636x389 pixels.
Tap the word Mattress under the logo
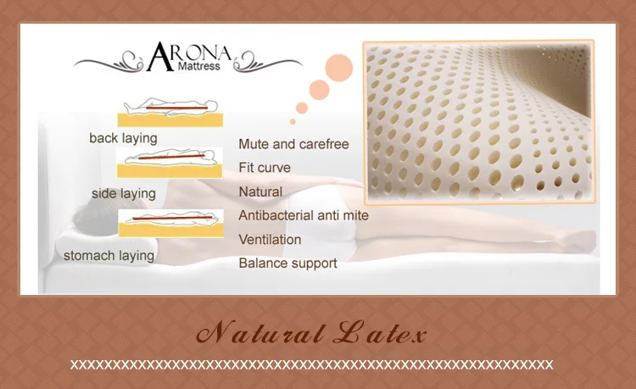pyautogui.click(x=198, y=66)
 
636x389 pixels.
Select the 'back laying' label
pyautogui.click(x=123, y=138)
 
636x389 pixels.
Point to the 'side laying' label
pyautogui.click(x=124, y=193)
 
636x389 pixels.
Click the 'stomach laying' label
pyautogui.click(x=109, y=256)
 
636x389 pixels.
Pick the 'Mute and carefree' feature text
pyautogui.click(x=293, y=144)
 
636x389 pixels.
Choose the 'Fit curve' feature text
pyautogui.click(x=265, y=167)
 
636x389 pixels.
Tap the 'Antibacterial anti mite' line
pyautogui.click(x=304, y=215)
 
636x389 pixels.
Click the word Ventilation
pyautogui.click(x=270, y=240)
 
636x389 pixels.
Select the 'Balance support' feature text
pyautogui.click(x=288, y=263)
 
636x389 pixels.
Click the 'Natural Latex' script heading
pyautogui.click(x=311, y=333)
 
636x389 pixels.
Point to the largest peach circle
pyautogui.click(x=339, y=68)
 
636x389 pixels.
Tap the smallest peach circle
pyautogui.click(x=293, y=121)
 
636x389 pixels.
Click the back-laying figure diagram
pyautogui.click(x=170, y=113)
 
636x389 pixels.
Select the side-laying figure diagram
pyautogui.click(x=170, y=163)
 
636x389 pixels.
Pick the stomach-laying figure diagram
pyautogui.click(x=170, y=223)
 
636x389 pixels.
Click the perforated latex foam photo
pyautogui.click(x=478, y=121)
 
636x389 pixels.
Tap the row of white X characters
pyautogui.click(x=311, y=364)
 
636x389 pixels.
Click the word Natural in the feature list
pyautogui.click(x=260, y=192)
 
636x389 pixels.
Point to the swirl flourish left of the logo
pyautogui.click(x=109, y=62)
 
